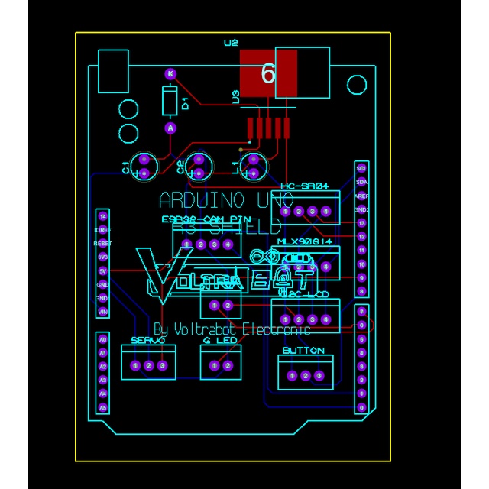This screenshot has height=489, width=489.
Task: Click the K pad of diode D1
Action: pyautogui.click(x=170, y=74)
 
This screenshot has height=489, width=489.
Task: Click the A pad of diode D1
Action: pyautogui.click(x=170, y=128)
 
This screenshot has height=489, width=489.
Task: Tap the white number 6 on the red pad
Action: pyautogui.click(x=267, y=74)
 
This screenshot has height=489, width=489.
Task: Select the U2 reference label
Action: pyautogui.click(x=231, y=43)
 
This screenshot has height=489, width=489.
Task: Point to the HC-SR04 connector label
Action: pyautogui.click(x=304, y=186)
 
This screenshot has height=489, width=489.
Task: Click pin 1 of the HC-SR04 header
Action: pyautogui.click(x=286, y=211)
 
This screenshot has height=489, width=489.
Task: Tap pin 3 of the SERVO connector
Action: pyautogui.click(x=162, y=366)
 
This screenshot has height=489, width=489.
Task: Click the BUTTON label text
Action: pyautogui.click(x=303, y=351)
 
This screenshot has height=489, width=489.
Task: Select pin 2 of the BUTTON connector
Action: pyautogui.click(x=306, y=375)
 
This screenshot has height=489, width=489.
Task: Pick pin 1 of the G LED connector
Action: pyautogui.click(x=215, y=366)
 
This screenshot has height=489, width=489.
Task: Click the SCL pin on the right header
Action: pyautogui.click(x=362, y=167)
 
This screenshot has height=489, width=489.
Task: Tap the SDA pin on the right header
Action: pyautogui.click(x=362, y=181)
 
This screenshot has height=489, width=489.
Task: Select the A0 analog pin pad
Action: pyautogui.click(x=103, y=338)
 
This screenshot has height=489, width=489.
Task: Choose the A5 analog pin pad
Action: pyautogui.click(x=103, y=408)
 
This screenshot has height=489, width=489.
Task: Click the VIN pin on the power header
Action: pyautogui.click(x=102, y=312)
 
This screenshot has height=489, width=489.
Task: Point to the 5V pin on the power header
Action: pyautogui.click(x=102, y=270)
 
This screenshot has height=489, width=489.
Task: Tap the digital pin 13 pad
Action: pyautogui.click(x=362, y=222)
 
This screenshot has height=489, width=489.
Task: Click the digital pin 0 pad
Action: pyautogui.click(x=362, y=407)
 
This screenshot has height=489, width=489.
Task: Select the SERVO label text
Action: pyautogui.click(x=147, y=340)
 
